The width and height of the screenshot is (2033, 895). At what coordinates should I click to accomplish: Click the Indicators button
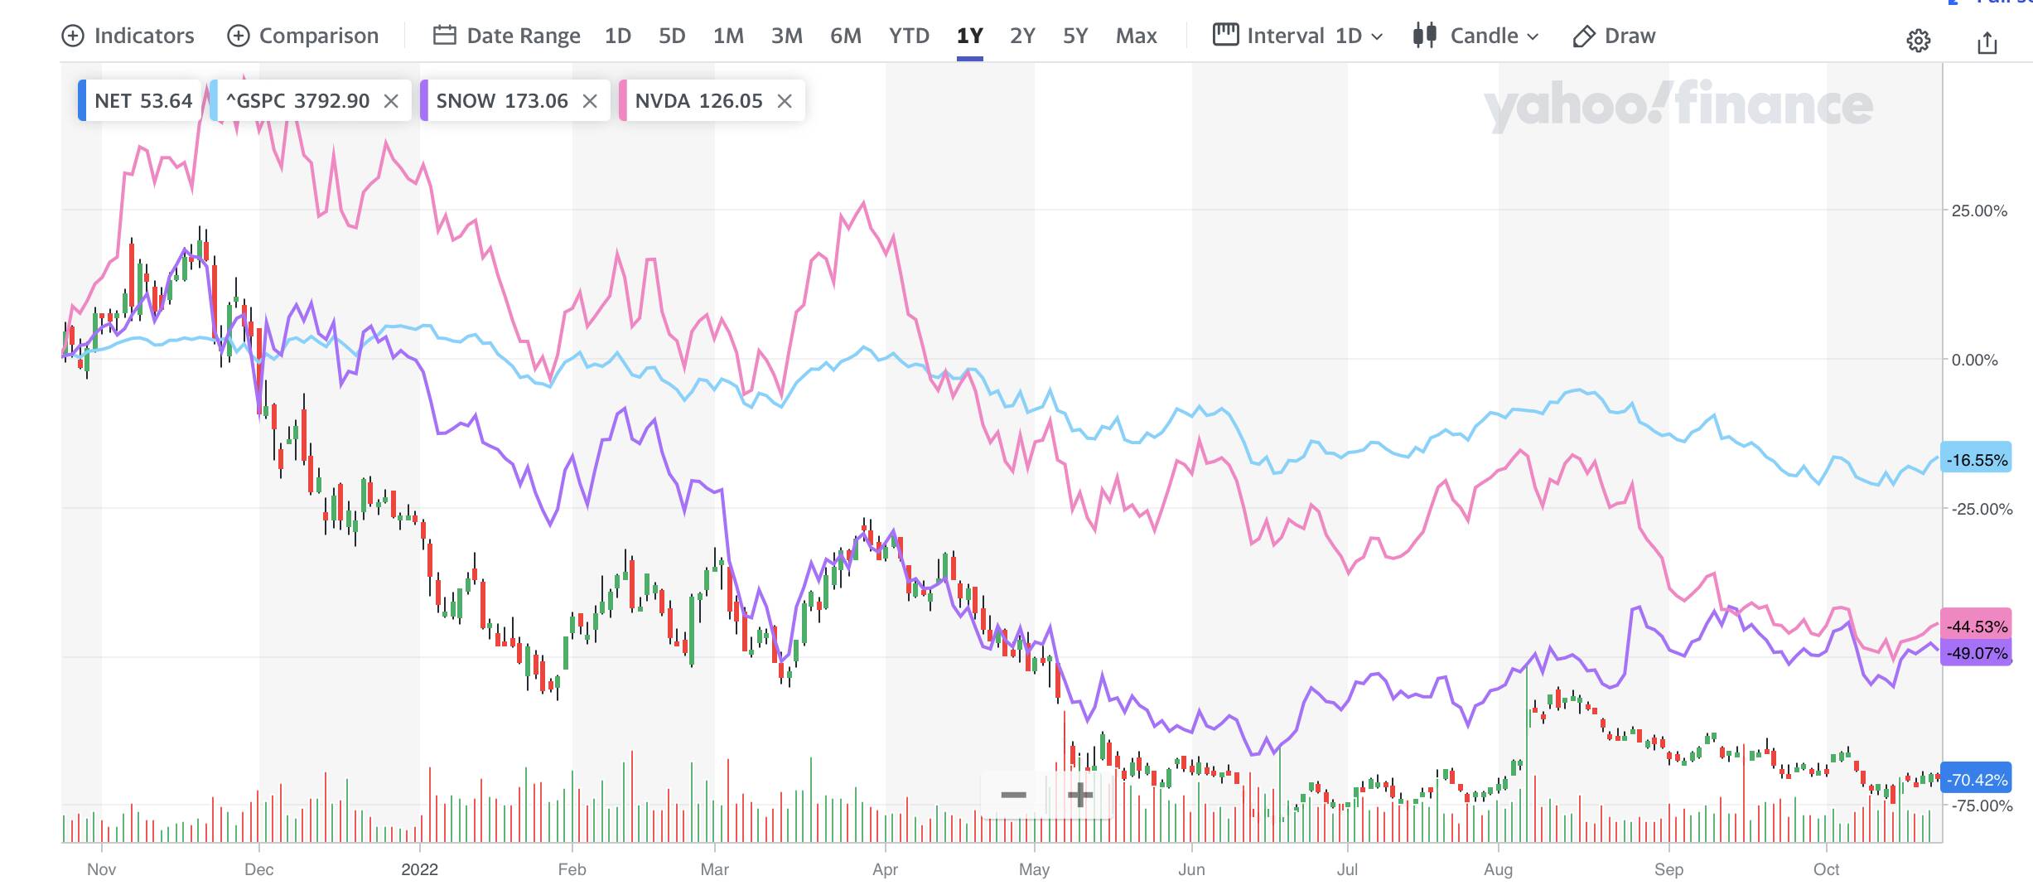pos(128,36)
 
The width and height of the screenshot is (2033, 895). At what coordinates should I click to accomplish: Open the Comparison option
pos(303,36)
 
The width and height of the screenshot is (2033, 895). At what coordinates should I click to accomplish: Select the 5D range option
pos(672,36)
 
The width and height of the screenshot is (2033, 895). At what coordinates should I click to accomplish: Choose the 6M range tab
pos(846,36)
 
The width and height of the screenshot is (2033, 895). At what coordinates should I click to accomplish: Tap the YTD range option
pos(909,36)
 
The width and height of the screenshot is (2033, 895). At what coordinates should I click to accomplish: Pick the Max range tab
pos(1136,36)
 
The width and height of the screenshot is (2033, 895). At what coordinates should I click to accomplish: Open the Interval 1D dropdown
pos(1298,36)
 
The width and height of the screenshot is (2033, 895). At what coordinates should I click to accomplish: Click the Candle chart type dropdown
pos(1476,36)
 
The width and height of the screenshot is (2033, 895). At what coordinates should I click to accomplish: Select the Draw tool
pos(1615,36)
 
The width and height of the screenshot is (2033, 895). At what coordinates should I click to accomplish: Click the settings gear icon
pos(1918,41)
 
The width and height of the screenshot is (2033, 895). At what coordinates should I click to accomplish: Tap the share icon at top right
pos(1987,42)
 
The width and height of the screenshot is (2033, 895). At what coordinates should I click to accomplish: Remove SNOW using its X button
pos(590,101)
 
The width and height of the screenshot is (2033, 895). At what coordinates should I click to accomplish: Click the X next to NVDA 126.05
pos(785,101)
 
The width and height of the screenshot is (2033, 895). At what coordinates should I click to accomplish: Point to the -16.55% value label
pos(1977,460)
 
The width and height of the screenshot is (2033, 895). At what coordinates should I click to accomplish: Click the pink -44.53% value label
pos(1977,626)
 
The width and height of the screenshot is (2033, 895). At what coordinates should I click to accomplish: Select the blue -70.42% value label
pos(1977,779)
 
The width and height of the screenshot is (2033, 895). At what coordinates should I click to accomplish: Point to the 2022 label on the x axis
pos(419,869)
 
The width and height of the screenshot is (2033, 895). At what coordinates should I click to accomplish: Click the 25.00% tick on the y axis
pos(1979,210)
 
